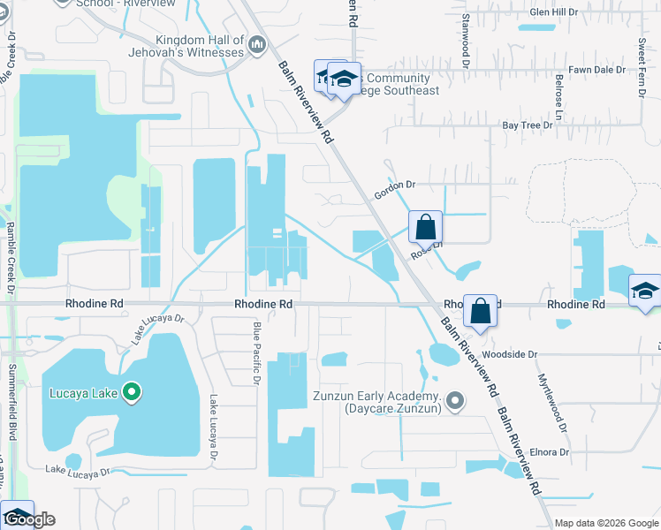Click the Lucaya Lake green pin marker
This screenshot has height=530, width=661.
point(132,391)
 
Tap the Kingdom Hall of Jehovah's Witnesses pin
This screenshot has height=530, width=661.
point(257,44)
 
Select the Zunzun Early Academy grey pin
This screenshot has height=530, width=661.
point(455,402)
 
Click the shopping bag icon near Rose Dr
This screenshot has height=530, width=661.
point(426,226)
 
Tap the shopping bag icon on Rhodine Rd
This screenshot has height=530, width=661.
point(480,311)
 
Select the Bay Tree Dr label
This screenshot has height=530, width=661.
point(528,125)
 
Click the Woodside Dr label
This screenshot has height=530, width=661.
point(505,354)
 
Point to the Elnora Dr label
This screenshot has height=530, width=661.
point(550,451)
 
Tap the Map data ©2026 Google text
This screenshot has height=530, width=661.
point(606,523)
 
